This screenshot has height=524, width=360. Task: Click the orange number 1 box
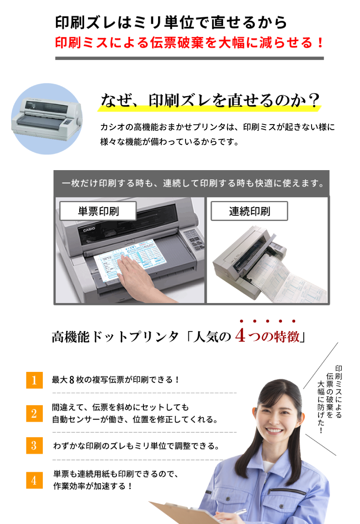34,380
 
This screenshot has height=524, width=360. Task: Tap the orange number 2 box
34,414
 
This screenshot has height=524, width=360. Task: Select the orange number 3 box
34,446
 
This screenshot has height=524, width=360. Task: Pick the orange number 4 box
34,480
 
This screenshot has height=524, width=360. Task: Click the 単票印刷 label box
98,211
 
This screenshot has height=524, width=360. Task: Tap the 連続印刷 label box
250,211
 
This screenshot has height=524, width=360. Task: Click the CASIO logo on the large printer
89,230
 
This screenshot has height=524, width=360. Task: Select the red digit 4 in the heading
240,336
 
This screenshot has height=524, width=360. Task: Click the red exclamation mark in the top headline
320,42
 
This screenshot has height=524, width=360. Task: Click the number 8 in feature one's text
72,380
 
